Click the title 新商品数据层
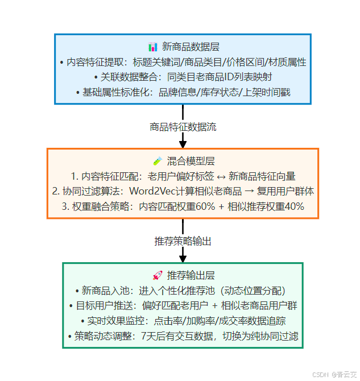point(189,47)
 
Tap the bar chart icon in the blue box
point(153,47)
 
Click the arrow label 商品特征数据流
point(183,127)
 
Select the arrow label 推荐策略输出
point(183,241)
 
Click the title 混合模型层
point(189,161)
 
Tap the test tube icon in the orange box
point(158,161)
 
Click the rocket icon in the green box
point(158,275)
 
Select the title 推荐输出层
point(190,275)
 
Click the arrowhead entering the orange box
point(183,143)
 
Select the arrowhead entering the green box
point(183,258)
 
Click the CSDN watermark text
point(321,374)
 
